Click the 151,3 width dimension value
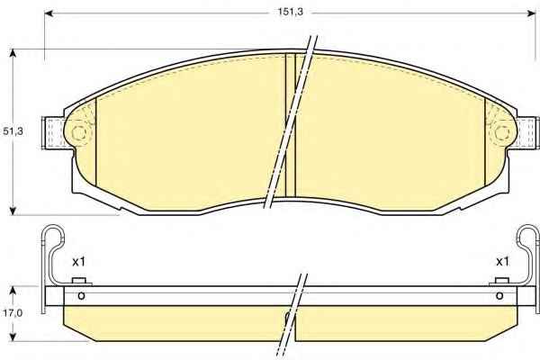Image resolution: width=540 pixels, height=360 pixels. (291, 12)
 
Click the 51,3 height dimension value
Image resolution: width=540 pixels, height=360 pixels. (13, 130)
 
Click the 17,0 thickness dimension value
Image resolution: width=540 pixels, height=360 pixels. (13, 313)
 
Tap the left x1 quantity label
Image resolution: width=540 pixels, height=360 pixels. (78, 262)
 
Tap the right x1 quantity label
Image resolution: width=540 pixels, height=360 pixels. (502, 262)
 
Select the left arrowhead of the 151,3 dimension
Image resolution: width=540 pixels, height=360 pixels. (49, 13)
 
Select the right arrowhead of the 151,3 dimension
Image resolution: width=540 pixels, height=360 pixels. (532, 13)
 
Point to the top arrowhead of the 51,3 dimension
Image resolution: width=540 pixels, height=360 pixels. (13, 53)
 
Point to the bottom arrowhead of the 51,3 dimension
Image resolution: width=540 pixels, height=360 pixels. (13, 211)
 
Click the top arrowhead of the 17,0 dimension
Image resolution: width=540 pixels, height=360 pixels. (13, 290)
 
